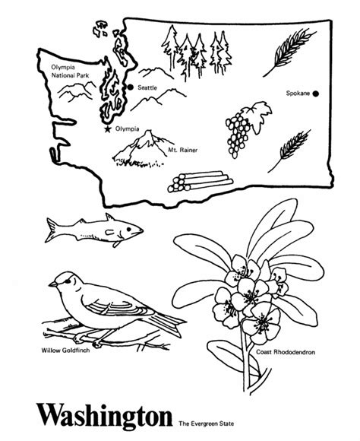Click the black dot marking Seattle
[130, 88]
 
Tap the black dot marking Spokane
[316, 94]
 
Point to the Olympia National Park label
[68, 71]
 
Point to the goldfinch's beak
[52, 285]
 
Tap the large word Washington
[103, 416]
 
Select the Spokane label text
[297, 94]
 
